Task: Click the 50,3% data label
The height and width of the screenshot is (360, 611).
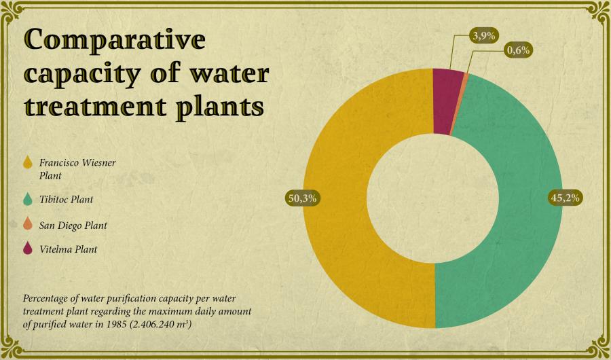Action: click(x=302, y=198)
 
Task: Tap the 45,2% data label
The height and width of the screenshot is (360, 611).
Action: click(x=565, y=198)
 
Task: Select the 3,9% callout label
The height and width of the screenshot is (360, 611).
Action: click(x=483, y=36)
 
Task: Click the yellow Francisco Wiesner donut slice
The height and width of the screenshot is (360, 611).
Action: click(x=335, y=199)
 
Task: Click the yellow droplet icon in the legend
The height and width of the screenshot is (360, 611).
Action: click(x=28, y=162)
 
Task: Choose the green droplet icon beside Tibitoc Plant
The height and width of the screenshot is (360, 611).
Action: click(x=28, y=199)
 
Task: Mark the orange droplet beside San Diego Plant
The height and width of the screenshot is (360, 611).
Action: click(x=28, y=223)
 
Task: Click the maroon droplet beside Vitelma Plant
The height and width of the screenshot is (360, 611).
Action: click(x=28, y=248)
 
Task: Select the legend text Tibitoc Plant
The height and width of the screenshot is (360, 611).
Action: click(x=67, y=200)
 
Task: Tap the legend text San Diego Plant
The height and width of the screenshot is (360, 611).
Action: click(x=73, y=226)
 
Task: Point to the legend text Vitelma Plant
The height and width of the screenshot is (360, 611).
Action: click(x=68, y=249)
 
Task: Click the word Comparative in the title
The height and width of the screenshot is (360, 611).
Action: click(x=115, y=40)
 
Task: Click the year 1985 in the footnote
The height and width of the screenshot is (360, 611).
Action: click(x=117, y=325)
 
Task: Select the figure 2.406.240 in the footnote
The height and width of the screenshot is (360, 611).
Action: click(x=154, y=325)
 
